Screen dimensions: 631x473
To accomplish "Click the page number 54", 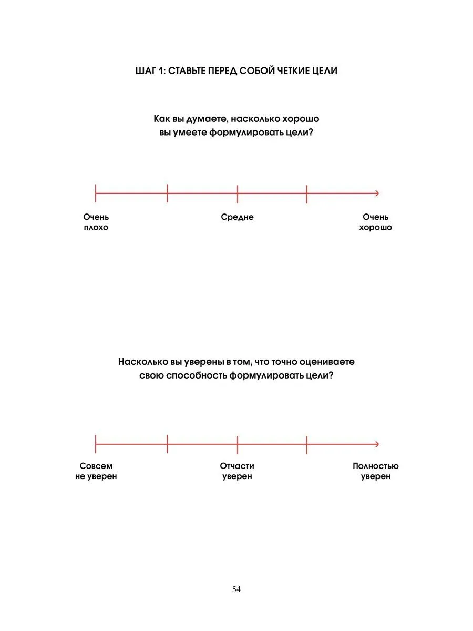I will coord(236,589).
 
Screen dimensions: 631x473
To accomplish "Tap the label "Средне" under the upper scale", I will coord(237,217).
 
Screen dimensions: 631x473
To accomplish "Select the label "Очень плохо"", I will coord(96,222).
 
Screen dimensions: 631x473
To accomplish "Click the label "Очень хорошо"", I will coord(375,222).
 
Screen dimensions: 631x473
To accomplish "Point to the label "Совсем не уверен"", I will coord(96,471).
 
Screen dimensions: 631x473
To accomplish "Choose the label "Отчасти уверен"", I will coord(237,471).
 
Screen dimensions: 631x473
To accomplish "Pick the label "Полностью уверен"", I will coord(375,471).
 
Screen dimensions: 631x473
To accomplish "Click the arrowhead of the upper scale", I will coord(376,194).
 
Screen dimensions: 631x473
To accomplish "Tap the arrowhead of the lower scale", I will coord(376,444).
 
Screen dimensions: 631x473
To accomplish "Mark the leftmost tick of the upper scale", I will coord(96,194).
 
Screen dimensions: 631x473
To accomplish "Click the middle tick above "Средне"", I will coord(238,194).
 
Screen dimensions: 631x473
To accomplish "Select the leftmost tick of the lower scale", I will coord(96,444).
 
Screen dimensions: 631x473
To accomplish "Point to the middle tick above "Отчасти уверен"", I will coord(238,444).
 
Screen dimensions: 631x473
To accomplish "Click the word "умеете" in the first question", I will coord(190,133).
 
